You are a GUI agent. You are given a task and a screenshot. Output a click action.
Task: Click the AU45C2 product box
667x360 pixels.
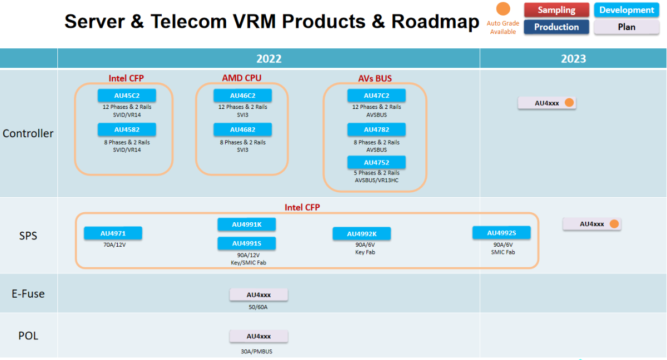coord(127,96)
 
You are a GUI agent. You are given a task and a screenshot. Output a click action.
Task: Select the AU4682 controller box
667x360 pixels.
coord(243,129)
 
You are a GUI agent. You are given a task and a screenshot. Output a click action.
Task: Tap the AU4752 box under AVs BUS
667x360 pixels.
coord(376,162)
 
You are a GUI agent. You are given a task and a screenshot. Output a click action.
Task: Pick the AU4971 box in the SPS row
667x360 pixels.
coord(113,233)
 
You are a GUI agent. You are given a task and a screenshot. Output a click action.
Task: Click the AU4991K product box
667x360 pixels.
coord(247,224)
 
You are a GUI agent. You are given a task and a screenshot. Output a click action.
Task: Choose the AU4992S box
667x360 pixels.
coord(501,233)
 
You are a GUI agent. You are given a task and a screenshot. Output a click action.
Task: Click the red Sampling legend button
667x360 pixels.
coord(556,10)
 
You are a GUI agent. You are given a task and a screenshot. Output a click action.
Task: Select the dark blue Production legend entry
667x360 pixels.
coord(556,27)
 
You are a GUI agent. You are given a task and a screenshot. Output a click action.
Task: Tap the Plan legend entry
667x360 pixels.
coord(626,27)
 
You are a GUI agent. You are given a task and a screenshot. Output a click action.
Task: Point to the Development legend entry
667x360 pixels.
coord(626,10)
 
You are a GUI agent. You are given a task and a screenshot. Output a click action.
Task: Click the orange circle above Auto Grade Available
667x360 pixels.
coord(503,9)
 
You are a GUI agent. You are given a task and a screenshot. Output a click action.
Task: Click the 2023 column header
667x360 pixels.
coord(573,59)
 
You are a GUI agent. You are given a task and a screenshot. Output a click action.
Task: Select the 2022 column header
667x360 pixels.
coord(268,59)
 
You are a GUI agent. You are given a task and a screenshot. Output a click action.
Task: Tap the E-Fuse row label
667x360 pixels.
coord(28,293)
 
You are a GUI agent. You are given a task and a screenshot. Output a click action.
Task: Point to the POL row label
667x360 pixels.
coord(28,336)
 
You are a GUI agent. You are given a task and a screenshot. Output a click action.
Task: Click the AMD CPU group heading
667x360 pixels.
coord(242,78)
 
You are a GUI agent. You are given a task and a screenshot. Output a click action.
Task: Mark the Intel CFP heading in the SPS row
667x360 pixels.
coord(302,207)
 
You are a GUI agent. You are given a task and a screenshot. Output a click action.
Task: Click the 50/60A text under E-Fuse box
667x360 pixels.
coord(258,307)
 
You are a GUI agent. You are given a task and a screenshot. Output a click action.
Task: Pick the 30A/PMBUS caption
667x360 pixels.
coord(258,351)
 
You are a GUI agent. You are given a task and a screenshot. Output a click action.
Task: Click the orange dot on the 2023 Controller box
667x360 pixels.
coord(569,103)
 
